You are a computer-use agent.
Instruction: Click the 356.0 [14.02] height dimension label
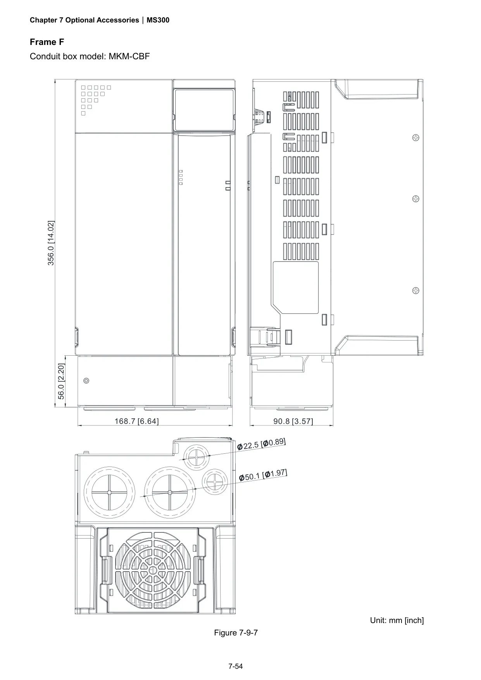click(51, 243)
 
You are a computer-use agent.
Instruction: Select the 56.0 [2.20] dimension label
click(61, 381)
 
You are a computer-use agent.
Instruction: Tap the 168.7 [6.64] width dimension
click(136, 421)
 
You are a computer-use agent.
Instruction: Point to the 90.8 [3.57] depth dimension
click(293, 421)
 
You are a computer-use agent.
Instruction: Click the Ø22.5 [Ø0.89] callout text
click(262, 444)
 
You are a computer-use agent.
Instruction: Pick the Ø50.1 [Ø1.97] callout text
click(263, 475)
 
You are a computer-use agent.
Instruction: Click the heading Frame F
click(47, 42)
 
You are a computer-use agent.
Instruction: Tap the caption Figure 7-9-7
click(236, 633)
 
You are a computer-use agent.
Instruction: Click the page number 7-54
click(236, 666)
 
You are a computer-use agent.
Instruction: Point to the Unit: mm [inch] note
click(397, 620)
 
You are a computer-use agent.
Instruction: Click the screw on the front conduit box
click(86, 380)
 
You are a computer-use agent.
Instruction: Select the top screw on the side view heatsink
click(415, 138)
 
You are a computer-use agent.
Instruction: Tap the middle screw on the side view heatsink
click(415, 199)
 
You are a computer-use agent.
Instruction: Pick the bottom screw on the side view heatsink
click(415, 290)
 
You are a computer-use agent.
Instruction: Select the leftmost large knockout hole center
click(109, 492)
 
